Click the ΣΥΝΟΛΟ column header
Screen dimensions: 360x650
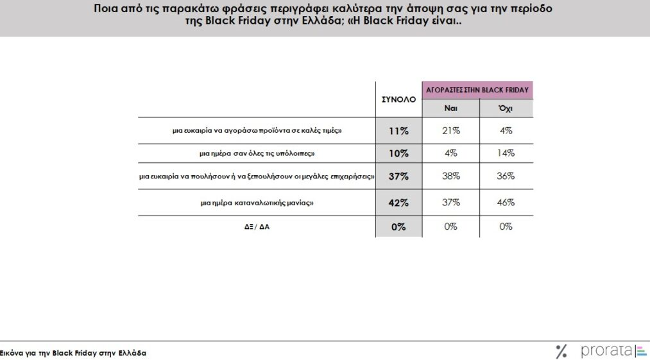398,100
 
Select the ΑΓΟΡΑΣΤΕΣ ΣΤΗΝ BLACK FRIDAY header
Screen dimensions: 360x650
477,90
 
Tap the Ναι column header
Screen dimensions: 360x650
450,109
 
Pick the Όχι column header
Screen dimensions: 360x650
506,109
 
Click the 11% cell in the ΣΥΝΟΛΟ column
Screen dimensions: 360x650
398,131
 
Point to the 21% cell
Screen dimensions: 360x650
450,131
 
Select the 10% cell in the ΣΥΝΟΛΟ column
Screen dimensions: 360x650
398,153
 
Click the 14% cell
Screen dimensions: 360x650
506,153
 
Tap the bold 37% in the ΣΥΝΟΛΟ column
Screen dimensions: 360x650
398,176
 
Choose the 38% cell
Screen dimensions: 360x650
450,176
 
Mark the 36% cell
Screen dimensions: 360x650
506,176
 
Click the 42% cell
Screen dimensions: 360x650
398,203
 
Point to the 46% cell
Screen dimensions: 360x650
506,203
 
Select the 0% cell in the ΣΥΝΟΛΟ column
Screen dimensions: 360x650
398,227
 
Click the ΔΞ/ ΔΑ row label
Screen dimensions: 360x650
257,227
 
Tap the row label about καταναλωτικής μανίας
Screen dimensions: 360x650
257,203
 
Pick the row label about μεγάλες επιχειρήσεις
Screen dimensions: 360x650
257,176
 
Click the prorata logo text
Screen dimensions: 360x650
606,350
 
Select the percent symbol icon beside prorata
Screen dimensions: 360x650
562,351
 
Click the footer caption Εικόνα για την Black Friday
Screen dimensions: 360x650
73,354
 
